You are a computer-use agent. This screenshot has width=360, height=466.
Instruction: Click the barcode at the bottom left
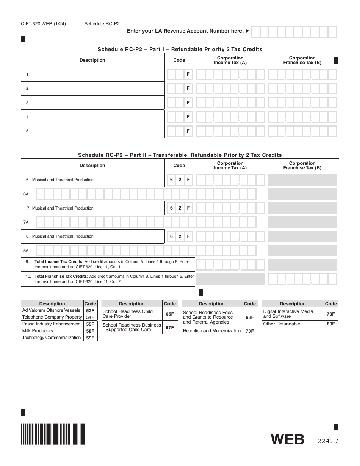pyautogui.click(x=53, y=433)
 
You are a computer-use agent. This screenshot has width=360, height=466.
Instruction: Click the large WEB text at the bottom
pyautogui.click(x=287, y=439)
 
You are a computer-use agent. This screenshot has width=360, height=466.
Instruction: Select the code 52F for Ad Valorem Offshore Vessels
pyautogui.click(x=90, y=310)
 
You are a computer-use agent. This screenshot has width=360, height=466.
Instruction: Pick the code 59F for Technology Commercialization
pyautogui.click(x=90, y=338)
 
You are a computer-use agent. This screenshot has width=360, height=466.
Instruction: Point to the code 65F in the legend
pyautogui.click(x=170, y=314)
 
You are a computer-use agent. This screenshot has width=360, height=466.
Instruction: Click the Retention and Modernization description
pyautogui.click(x=211, y=331)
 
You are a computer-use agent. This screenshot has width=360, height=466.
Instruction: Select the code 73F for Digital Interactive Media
pyautogui.click(x=330, y=314)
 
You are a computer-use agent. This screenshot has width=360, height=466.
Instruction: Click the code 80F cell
pyautogui.click(x=330, y=324)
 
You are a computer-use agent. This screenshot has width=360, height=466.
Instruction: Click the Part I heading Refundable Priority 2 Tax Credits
pyautogui.click(x=180, y=50)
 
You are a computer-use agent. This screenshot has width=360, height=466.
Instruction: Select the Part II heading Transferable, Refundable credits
pyautogui.click(x=180, y=155)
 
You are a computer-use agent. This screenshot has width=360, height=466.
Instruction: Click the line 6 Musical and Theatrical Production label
pyautogui.click(x=63, y=180)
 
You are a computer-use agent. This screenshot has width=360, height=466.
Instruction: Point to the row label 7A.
pyautogui.click(x=27, y=222)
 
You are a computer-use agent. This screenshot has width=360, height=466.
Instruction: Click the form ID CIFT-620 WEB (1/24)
pyautogui.click(x=41, y=23)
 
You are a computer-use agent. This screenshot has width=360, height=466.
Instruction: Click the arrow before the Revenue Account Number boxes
pyautogui.click(x=247, y=31)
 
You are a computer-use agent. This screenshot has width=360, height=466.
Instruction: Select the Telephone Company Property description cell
pyautogui.click(x=52, y=317)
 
